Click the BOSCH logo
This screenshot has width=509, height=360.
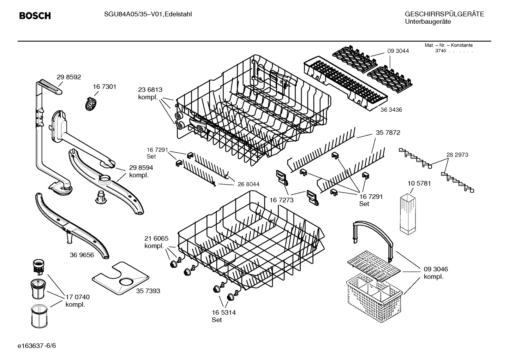(35, 16)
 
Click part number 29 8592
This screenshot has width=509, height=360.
(69, 77)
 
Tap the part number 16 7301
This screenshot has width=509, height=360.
(104, 87)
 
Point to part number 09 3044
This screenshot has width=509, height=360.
(398, 51)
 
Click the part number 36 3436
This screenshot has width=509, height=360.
(391, 110)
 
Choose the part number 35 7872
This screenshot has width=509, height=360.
(388, 133)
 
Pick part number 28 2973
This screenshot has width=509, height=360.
(457, 155)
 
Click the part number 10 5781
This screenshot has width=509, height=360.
(419, 184)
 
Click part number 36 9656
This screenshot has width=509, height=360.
(82, 255)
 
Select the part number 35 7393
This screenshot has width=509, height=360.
(148, 291)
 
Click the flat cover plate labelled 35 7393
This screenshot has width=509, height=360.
(120, 278)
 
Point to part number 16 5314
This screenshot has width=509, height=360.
(224, 312)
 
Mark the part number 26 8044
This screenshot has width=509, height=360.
(248, 184)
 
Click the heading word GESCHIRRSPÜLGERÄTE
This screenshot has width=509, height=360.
(444, 14)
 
